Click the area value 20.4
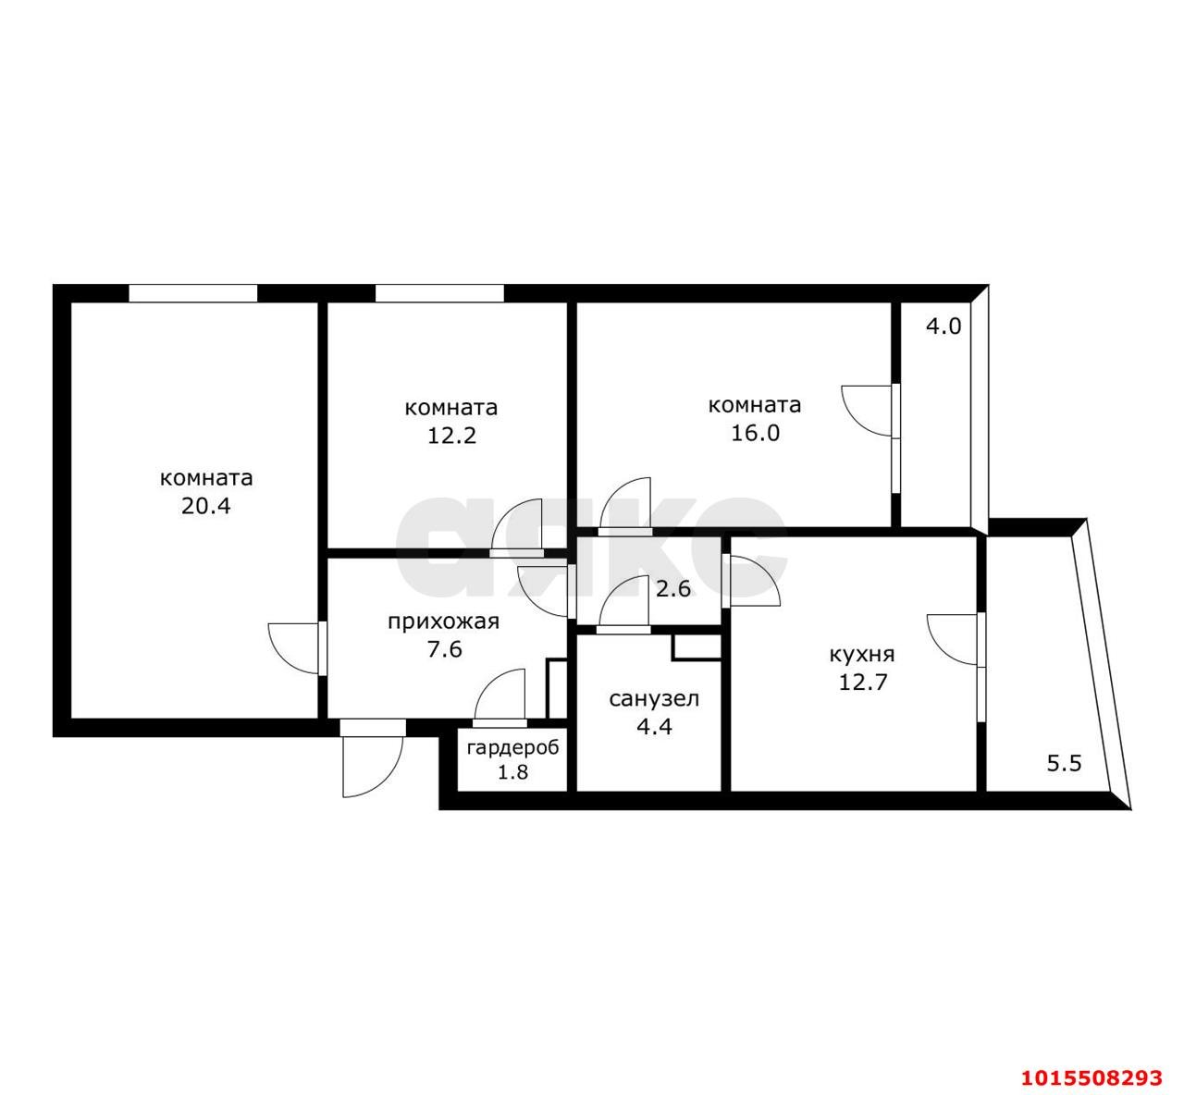click(205, 506)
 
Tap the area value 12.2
click(452, 436)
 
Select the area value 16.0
click(756, 434)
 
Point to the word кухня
click(862, 655)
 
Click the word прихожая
click(444, 622)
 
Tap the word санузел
click(654, 699)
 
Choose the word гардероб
click(512, 747)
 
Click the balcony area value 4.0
click(943, 326)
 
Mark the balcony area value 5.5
click(1064, 764)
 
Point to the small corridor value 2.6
click(673, 589)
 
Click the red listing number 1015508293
click(1092, 1077)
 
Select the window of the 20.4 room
click(193, 293)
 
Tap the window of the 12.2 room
click(439, 293)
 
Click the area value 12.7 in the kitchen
click(863, 682)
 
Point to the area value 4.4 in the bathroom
click(654, 727)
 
